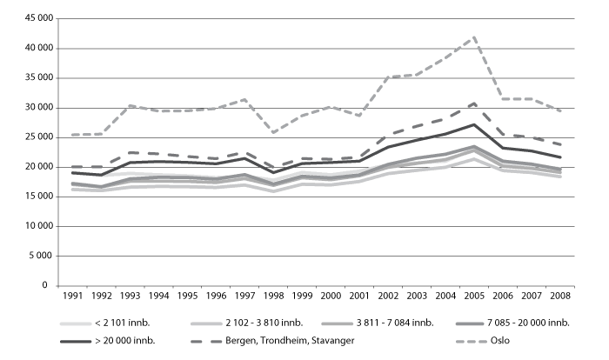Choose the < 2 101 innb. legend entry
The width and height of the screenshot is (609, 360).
coord(124,323)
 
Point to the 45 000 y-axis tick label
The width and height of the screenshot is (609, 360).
coord(35,18)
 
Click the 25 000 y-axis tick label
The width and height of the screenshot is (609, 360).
coord(35,137)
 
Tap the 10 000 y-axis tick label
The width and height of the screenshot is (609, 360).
coord(35,226)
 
